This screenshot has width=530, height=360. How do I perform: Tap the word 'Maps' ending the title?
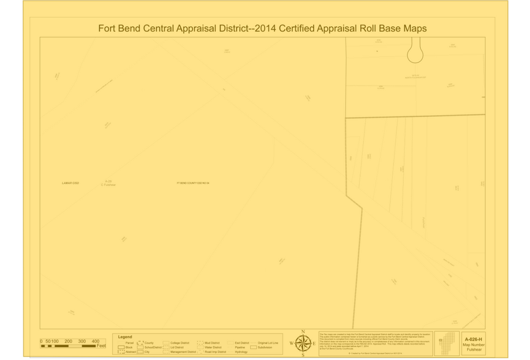412,28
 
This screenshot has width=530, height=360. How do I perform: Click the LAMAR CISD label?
71,183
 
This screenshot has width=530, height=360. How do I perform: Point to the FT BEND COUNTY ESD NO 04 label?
193,183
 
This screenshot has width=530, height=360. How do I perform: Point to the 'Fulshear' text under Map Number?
474,349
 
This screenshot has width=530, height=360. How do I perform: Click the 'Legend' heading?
125,337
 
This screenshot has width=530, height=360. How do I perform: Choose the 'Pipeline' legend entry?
240,347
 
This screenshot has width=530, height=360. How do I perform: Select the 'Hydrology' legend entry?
241,352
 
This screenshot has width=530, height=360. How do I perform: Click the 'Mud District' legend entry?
212,343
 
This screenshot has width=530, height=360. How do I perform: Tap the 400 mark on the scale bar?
96,341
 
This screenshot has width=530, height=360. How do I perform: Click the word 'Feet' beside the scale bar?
102,346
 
